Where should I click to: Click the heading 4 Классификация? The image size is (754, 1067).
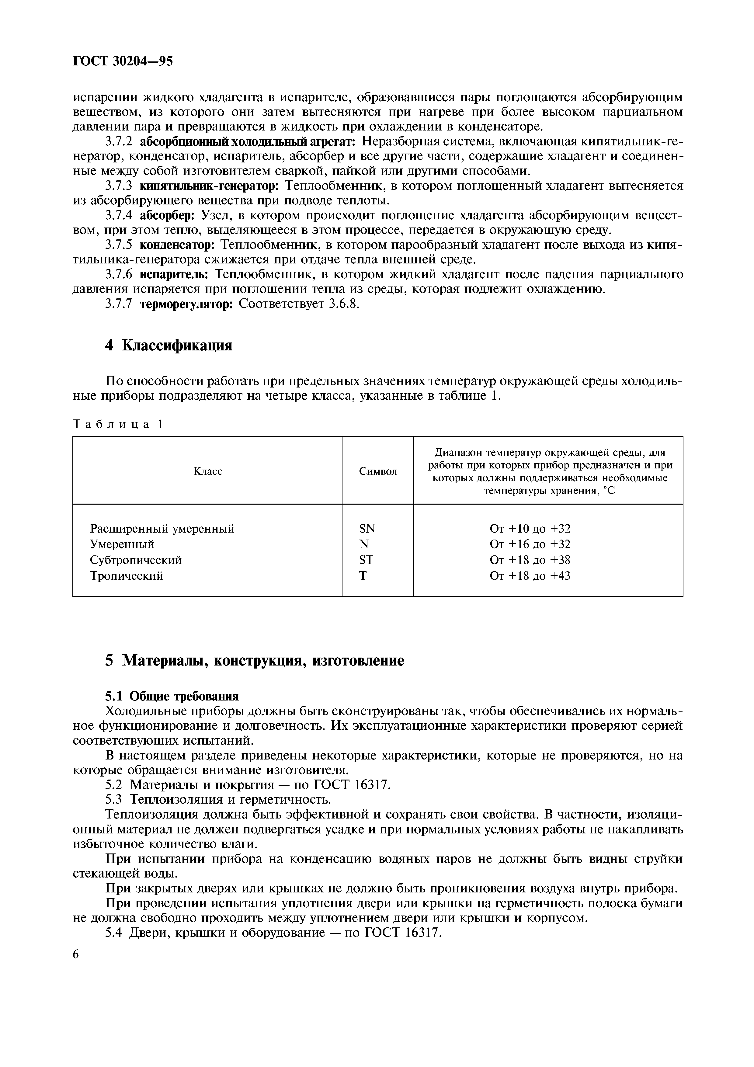click(169, 345)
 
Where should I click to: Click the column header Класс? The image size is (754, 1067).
click(208, 471)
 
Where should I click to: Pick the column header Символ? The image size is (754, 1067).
click(378, 471)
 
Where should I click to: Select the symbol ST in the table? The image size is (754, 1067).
click(366, 560)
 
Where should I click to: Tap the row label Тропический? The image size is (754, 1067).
click(126, 576)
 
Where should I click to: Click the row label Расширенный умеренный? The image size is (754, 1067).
click(162, 528)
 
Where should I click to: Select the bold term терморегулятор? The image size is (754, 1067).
click(186, 304)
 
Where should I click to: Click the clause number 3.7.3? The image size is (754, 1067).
click(119, 186)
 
